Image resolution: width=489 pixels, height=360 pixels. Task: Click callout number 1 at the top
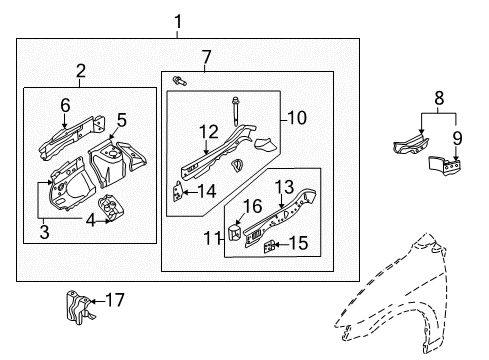pos(178,22)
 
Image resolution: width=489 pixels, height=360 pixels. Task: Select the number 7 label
pos(207,57)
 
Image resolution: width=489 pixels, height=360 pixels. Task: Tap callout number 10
pos(297,118)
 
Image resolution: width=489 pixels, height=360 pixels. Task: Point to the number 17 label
pos(115,300)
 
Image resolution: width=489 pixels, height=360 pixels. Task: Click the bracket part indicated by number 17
pos(79,307)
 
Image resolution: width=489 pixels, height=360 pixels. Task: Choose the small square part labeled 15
pos(270,247)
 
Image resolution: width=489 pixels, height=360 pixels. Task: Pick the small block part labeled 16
pos(235,232)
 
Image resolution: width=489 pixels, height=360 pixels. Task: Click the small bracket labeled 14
pos(177,192)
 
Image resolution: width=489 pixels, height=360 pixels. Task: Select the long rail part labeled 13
pos(280,217)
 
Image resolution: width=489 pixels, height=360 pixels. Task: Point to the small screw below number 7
pos(179,81)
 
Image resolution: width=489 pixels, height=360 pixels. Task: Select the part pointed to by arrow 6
pos(72,137)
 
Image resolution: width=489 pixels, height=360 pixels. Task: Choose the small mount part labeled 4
pos(111,208)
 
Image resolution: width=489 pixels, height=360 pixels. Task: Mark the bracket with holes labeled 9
pos(445,166)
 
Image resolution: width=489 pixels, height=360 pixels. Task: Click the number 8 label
pos(439,98)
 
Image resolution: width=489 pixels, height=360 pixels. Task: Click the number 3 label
pos(44,232)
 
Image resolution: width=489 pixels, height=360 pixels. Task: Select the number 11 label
pos(212,239)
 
